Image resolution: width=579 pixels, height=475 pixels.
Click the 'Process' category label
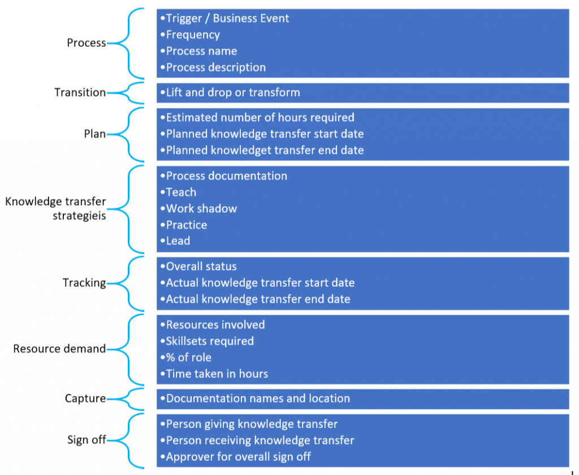click(x=87, y=43)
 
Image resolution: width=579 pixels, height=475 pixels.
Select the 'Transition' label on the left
click(x=80, y=92)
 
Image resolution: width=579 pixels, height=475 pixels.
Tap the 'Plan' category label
click(x=95, y=133)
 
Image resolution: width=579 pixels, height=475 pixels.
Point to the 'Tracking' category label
click(x=84, y=282)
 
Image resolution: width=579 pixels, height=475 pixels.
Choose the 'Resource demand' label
click(x=59, y=348)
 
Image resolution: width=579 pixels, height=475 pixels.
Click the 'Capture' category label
click(x=85, y=398)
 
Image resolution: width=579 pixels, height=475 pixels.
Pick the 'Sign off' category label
click(x=87, y=439)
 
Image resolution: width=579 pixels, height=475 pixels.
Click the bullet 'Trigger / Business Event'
click(x=227, y=19)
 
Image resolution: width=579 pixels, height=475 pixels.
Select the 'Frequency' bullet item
click(x=193, y=34)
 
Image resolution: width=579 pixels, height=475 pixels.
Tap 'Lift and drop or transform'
click(x=233, y=92)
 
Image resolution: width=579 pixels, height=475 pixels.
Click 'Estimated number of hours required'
click(x=260, y=117)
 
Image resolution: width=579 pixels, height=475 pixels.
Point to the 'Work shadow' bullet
click(x=201, y=208)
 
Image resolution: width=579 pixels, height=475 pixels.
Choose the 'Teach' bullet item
click(x=181, y=192)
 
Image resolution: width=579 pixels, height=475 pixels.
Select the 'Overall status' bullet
click(x=201, y=266)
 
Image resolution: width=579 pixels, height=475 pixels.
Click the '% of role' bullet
click(x=188, y=358)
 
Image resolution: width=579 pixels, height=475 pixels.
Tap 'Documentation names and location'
click(x=258, y=398)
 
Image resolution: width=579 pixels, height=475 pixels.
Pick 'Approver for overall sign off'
click(x=238, y=456)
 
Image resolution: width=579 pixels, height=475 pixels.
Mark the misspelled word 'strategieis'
click(x=79, y=216)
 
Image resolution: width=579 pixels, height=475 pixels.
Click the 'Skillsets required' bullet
click(x=210, y=341)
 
